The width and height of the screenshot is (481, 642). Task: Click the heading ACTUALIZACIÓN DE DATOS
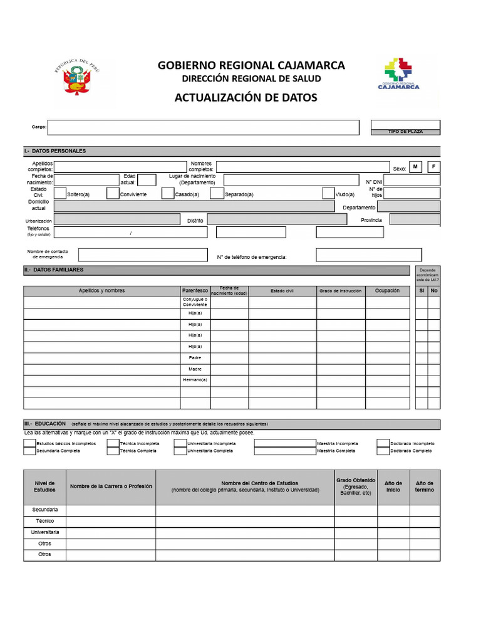(x=246, y=98)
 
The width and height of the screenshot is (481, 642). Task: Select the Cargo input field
(x=204, y=127)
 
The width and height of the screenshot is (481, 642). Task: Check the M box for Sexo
(x=415, y=167)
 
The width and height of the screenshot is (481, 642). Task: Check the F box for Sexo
(x=433, y=167)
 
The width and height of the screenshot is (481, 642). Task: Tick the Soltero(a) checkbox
(x=61, y=194)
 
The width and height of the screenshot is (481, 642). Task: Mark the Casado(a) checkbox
(x=168, y=194)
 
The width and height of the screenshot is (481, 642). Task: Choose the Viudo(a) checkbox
(x=329, y=194)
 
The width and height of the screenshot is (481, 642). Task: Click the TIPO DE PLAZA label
(x=405, y=132)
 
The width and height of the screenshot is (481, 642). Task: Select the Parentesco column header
(x=195, y=291)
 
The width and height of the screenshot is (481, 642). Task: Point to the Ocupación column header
(x=387, y=291)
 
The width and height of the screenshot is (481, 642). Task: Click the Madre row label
(x=195, y=369)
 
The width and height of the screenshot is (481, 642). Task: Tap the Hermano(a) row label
(x=195, y=381)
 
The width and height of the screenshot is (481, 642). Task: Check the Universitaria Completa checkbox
(x=181, y=451)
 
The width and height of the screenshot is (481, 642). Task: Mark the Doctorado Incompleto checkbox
(x=383, y=443)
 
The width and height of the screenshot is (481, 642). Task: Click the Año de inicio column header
(x=393, y=487)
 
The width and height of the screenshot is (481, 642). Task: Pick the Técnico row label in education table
(x=44, y=521)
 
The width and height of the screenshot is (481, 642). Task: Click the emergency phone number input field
(x=368, y=255)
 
